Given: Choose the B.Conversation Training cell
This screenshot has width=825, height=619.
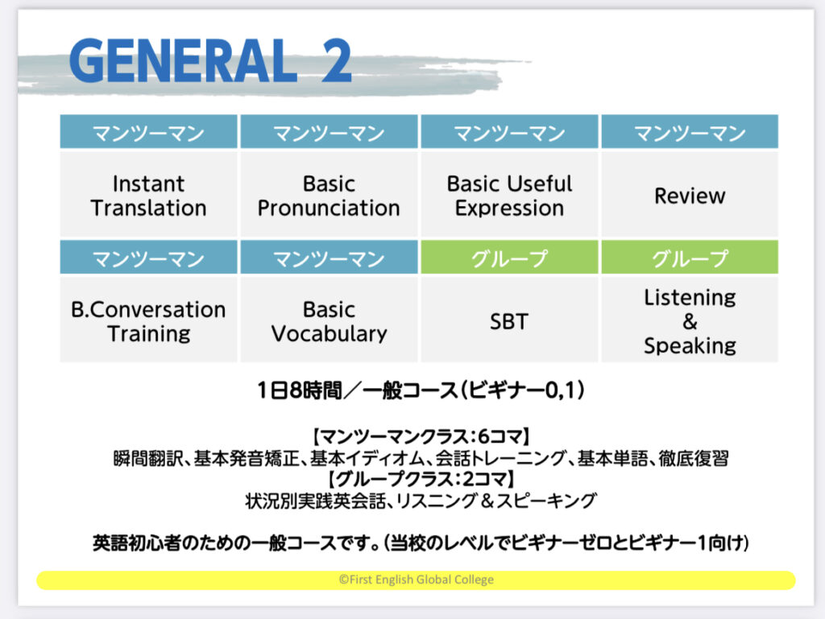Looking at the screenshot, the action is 148,319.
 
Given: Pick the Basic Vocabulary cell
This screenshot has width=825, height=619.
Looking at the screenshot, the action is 329,319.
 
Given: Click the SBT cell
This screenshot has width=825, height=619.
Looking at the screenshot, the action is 509,319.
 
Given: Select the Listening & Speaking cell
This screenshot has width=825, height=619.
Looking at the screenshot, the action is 690,319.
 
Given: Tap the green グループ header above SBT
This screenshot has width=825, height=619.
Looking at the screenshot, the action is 509,257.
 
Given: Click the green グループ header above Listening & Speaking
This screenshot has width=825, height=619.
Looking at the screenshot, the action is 690,257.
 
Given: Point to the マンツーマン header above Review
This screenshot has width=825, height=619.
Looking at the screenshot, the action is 690,131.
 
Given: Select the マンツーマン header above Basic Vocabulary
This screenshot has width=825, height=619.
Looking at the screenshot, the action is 329,257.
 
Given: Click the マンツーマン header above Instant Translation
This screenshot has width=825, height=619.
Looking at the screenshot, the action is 148,131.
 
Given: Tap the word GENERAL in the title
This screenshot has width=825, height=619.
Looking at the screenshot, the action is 183,60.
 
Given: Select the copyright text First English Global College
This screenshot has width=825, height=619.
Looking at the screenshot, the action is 417,580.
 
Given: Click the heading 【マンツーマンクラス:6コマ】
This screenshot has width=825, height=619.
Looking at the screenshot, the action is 421,436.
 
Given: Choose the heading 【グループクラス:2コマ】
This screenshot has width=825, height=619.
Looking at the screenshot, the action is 421,479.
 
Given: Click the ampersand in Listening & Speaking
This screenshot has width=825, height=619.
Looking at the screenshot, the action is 690,321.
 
